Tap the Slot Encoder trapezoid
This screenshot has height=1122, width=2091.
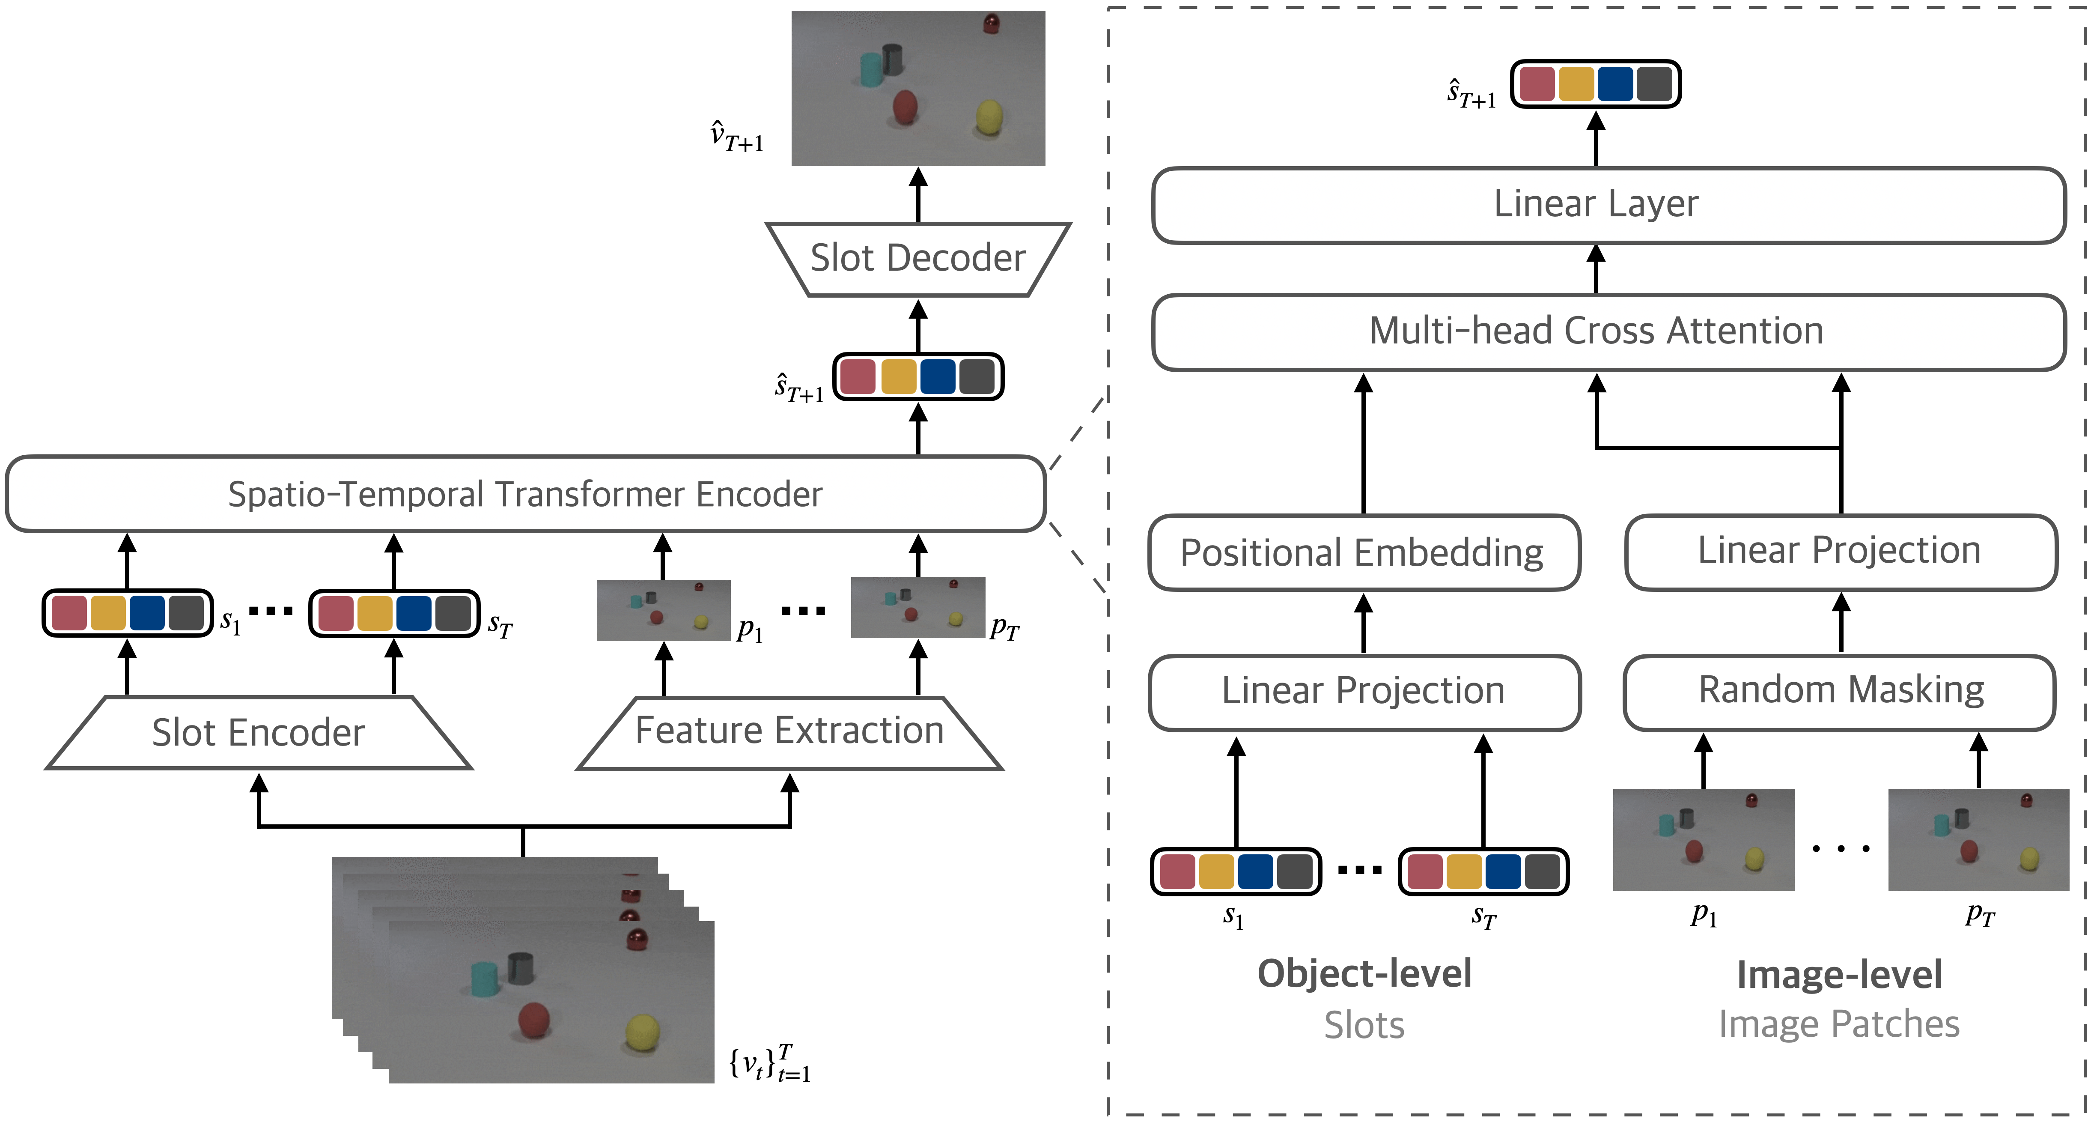[258, 732]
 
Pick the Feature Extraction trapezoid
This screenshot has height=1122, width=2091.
[789, 731]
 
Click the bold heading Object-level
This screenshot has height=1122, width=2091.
[1364, 973]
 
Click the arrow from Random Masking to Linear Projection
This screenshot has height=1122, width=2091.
[1841, 623]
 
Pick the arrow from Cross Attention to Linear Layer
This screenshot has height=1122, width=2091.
[1596, 269]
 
